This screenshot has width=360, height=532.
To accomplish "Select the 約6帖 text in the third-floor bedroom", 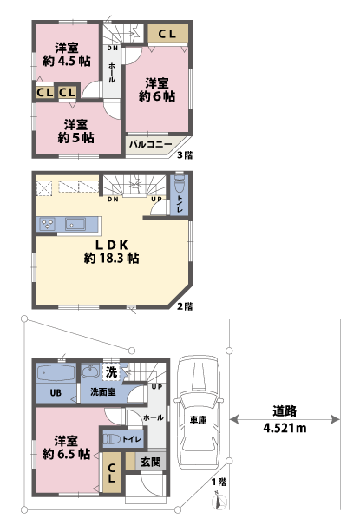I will [x=157, y=97].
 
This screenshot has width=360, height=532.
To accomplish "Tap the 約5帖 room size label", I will [x=75, y=138].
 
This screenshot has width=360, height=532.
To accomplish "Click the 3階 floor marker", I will [x=185, y=156].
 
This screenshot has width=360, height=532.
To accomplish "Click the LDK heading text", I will [x=113, y=244].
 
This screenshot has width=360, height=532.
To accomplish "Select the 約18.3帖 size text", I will [x=113, y=259].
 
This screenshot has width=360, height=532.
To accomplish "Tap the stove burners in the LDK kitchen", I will [x=48, y=225].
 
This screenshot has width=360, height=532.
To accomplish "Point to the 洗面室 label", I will [x=103, y=393].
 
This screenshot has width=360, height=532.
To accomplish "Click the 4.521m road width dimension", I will [x=285, y=426].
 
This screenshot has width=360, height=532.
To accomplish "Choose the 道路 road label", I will [x=285, y=411].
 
